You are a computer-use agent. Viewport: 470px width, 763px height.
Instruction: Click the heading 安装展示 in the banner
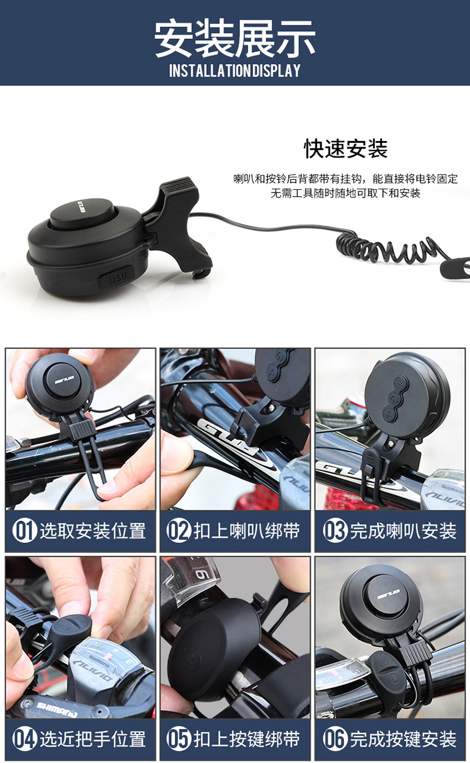click(235, 38)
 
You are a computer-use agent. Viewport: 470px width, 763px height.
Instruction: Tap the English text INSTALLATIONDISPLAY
click(235, 70)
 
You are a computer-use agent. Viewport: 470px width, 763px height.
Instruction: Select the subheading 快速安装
click(346, 149)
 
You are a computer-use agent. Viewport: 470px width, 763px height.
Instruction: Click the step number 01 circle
click(24, 530)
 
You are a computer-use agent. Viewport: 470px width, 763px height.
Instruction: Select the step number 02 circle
click(179, 530)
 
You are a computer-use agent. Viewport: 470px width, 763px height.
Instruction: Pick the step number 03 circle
click(335, 530)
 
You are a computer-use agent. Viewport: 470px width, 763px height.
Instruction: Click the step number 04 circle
click(24, 739)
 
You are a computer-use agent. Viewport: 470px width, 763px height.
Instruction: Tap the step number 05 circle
click(179, 739)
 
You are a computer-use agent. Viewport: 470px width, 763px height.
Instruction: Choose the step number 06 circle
click(335, 739)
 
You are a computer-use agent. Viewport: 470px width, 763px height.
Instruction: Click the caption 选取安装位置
click(93, 530)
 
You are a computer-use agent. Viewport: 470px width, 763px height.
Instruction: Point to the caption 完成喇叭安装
click(403, 530)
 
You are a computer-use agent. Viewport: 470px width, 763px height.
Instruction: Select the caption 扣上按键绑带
click(247, 739)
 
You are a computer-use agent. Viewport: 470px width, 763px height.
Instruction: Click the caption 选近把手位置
click(93, 739)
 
